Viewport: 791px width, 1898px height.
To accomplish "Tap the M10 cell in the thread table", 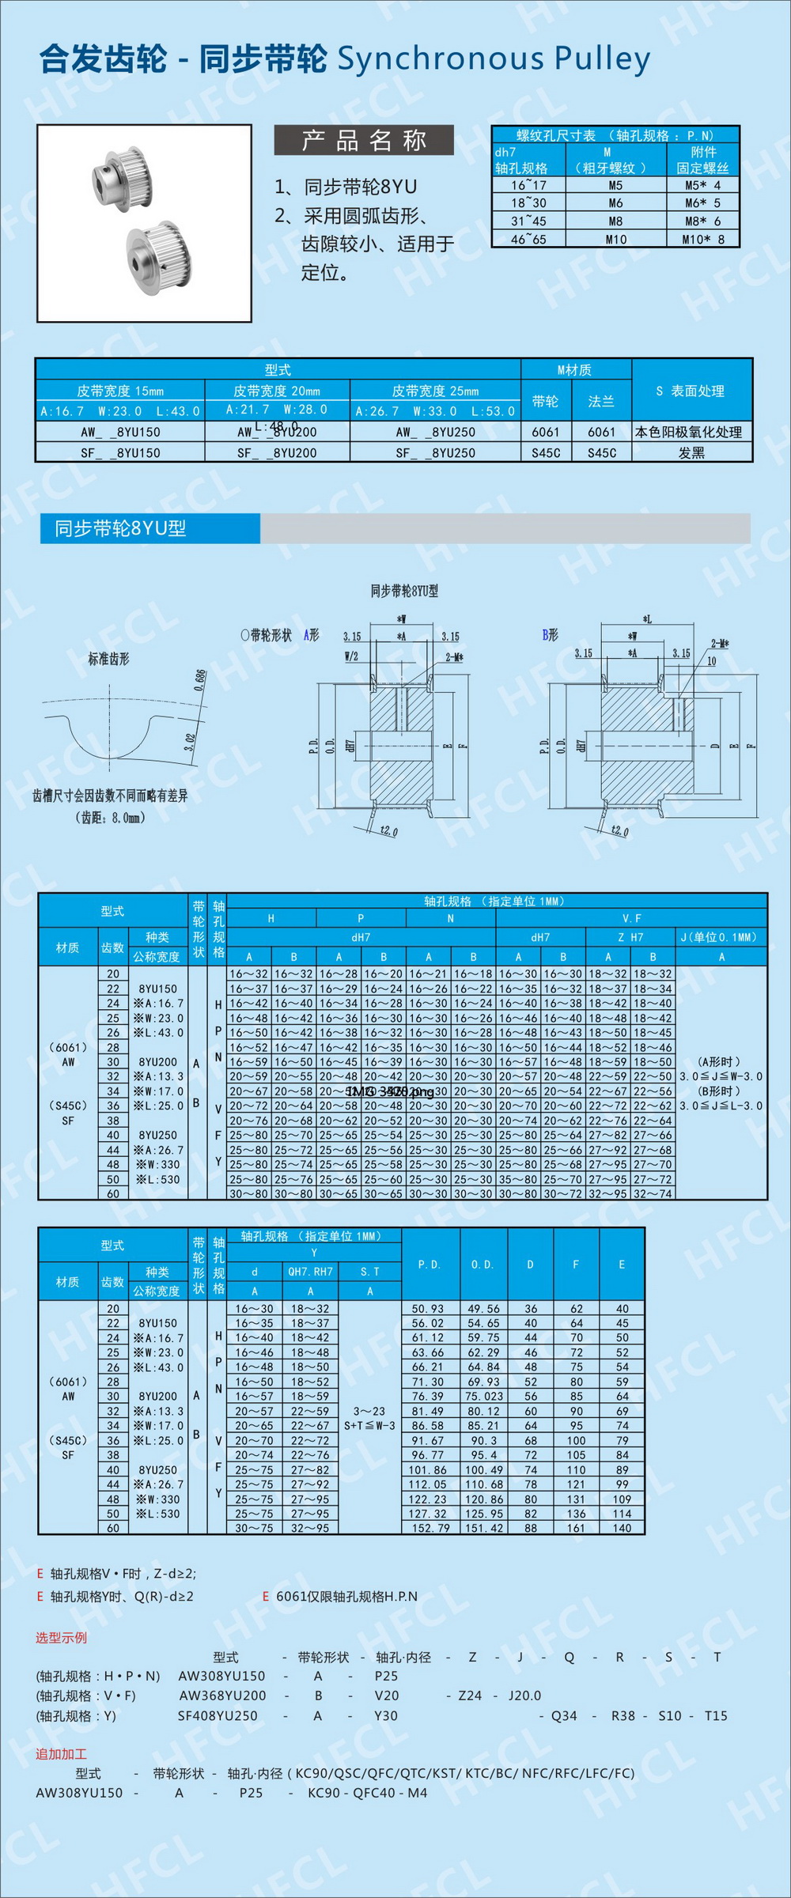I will [x=615, y=239].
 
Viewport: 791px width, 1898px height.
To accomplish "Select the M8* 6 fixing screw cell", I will [x=702, y=221].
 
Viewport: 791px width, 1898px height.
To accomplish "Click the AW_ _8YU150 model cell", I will [x=120, y=432].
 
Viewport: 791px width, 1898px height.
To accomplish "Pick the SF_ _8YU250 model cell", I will [x=436, y=452].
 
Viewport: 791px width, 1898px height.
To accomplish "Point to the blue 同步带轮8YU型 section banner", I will [x=150, y=528].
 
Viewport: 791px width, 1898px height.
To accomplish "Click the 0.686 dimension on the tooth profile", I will [x=200, y=680].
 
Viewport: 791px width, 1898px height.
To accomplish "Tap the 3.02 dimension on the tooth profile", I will [x=190, y=743].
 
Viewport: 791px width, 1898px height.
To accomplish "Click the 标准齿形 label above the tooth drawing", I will [x=108, y=659].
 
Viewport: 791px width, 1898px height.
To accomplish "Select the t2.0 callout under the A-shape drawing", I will [x=388, y=831].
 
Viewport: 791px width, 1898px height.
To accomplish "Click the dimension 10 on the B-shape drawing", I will [x=711, y=661].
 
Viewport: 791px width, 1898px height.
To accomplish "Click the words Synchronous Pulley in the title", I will [x=494, y=59].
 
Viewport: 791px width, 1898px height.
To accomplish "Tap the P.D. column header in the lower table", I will [x=429, y=1264].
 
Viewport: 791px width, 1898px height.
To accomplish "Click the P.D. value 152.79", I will [x=428, y=1528].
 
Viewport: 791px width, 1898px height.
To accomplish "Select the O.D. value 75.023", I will [x=483, y=1396].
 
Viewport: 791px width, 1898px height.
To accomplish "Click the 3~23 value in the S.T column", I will [x=369, y=1411].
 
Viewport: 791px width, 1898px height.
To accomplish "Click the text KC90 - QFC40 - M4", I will [x=367, y=1793].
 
